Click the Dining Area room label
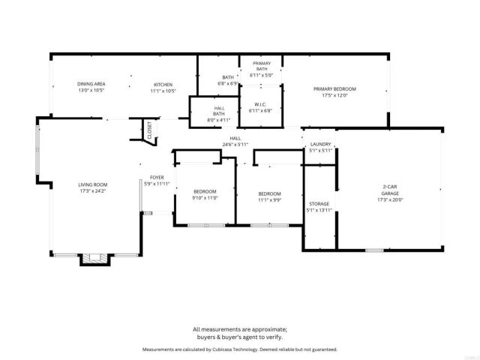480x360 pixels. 92,84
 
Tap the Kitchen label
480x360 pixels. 163,84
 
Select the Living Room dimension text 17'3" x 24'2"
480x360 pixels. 94,190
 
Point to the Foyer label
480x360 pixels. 157,178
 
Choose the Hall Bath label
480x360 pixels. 219,111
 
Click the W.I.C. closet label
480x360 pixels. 261,104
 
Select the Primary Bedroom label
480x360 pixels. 334,88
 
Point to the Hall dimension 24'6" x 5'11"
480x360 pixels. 235,145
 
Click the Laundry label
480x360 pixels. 320,144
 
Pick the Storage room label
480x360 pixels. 319,203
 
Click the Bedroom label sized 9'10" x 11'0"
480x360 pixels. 205,191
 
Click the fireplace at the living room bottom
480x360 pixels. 94,259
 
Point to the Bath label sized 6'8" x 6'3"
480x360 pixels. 228,77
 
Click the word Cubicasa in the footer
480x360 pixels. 220,349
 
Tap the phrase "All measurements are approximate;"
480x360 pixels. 239,329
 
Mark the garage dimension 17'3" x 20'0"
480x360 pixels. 390,199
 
